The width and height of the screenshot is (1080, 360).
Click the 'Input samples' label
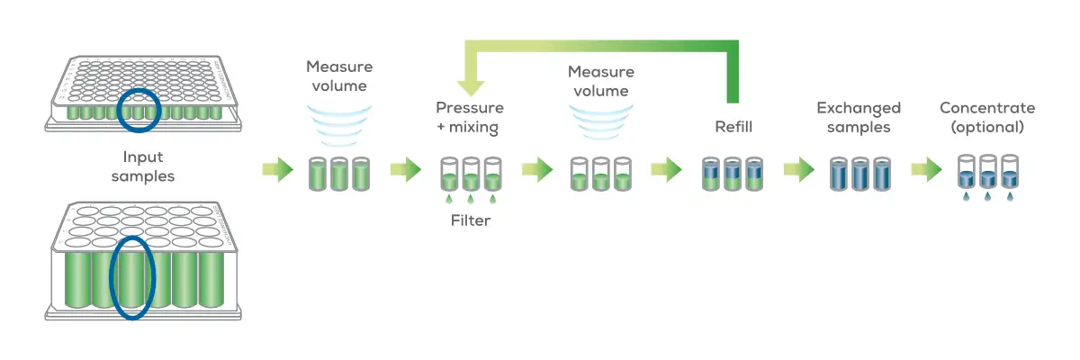143,167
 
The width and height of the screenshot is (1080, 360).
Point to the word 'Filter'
470,220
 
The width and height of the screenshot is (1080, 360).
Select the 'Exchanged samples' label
859,118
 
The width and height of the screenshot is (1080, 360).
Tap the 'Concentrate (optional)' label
987,118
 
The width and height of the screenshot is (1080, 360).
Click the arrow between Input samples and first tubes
277,168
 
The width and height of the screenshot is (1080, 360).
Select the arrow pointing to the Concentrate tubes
926,168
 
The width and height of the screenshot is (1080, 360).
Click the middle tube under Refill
733,173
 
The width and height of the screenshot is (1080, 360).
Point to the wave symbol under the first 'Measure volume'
338,121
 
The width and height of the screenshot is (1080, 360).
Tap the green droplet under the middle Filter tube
470,198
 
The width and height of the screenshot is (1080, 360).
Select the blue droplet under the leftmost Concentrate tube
967,195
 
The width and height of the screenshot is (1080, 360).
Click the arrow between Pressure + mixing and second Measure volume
536,168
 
